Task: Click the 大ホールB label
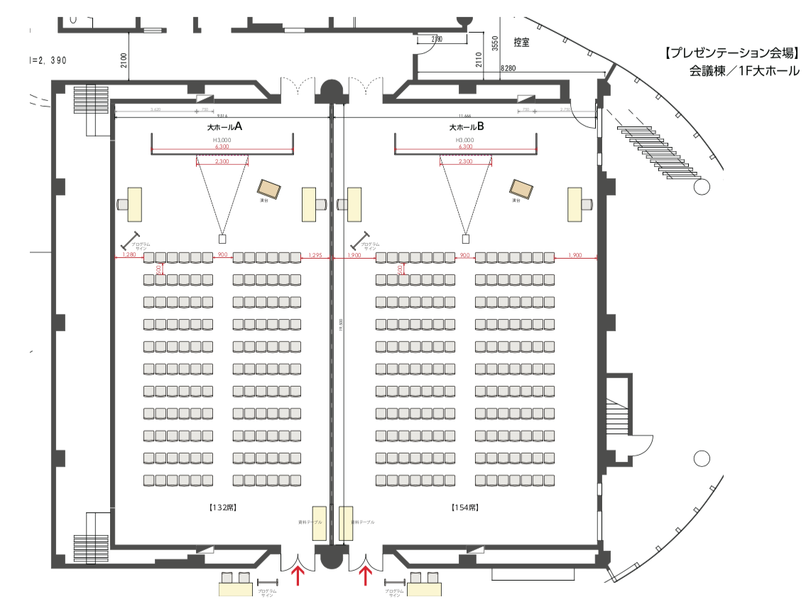466,127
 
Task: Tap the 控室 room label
521,43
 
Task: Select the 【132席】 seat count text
222,507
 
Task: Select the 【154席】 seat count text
464,507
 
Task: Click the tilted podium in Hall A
269,188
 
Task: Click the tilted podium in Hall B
521,188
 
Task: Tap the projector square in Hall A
222,238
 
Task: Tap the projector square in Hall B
466,238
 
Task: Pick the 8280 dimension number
508,68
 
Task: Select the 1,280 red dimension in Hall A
129,254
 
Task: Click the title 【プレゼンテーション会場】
731,53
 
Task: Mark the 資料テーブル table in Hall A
320,525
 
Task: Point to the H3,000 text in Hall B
466,141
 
